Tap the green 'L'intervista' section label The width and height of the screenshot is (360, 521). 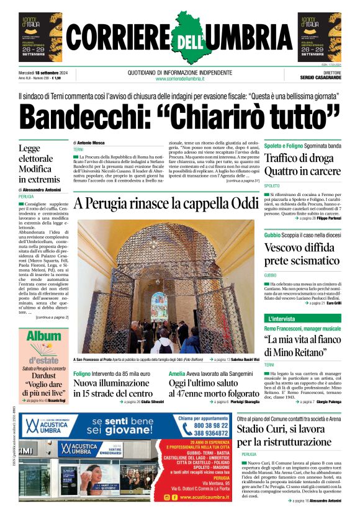(x=283, y=318)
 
